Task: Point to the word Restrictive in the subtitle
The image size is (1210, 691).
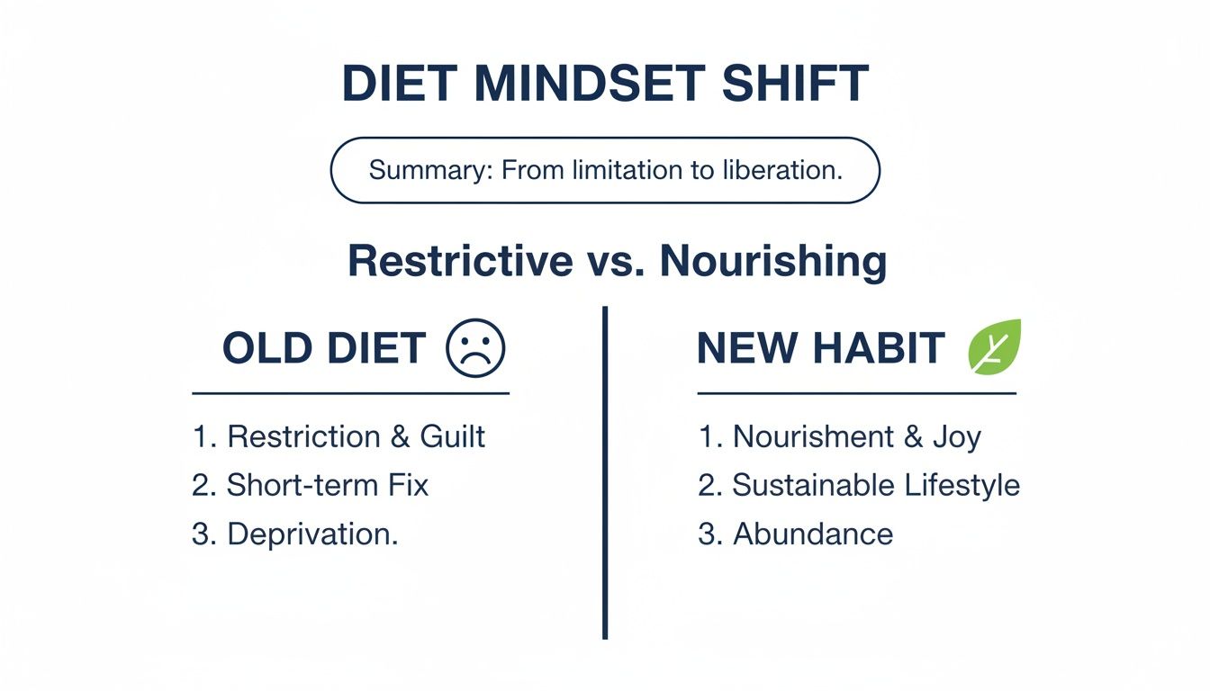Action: [x=460, y=261]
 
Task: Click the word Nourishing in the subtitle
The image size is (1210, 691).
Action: [x=773, y=261]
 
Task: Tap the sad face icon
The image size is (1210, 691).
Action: [x=476, y=349]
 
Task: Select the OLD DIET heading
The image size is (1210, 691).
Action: [x=324, y=349]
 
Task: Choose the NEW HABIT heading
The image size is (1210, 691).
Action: [x=820, y=349]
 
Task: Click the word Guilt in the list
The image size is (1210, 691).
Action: [x=452, y=436]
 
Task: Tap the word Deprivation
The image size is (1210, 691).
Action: [x=312, y=534]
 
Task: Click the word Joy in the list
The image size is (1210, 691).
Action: [x=956, y=436]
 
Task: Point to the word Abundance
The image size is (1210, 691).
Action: [x=813, y=534]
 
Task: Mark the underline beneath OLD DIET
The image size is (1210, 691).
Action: [x=350, y=393]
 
